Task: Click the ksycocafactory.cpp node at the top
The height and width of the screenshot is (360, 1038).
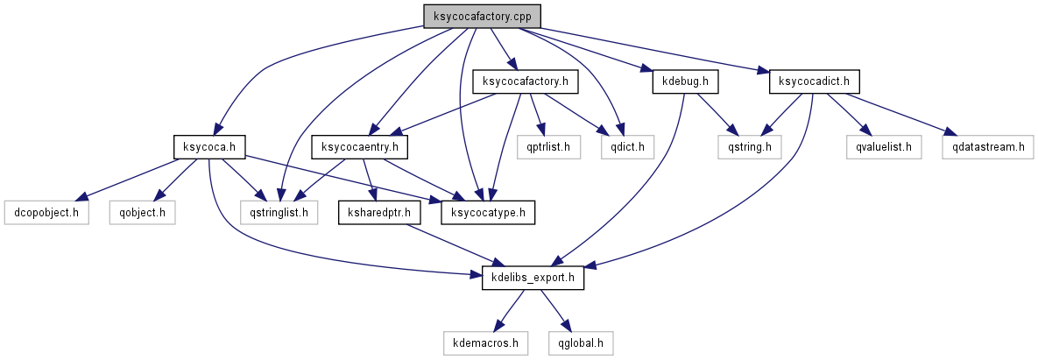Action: pyautogui.click(x=482, y=16)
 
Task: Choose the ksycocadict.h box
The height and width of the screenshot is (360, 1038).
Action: pyautogui.click(x=814, y=81)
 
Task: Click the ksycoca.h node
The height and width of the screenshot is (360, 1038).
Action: pyautogui.click(x=208, y=146)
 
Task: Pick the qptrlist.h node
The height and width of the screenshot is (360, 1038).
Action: pyautogui.click(x=548, y=146)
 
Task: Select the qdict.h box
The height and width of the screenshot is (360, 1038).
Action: pyautogui.click(x=621, y=146)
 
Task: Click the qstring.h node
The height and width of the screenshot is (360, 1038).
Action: pyautogui.click(x=749, y=146)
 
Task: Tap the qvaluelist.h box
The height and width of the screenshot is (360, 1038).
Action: pyautogui.click(x=885, y=146)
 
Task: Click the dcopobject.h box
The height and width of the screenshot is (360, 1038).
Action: pyautogui.click(x=47, y=212)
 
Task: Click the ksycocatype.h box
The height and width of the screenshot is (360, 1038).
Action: pyautogui.click(x=490, y=212)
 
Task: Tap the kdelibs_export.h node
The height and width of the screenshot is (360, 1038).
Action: pyautogui.click(x=533, y=278)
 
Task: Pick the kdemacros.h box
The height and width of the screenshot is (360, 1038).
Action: pyautogui.click(x=485, y=342)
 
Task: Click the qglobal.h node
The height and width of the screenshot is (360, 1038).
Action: pyautogui.click(x=580, y=342)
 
